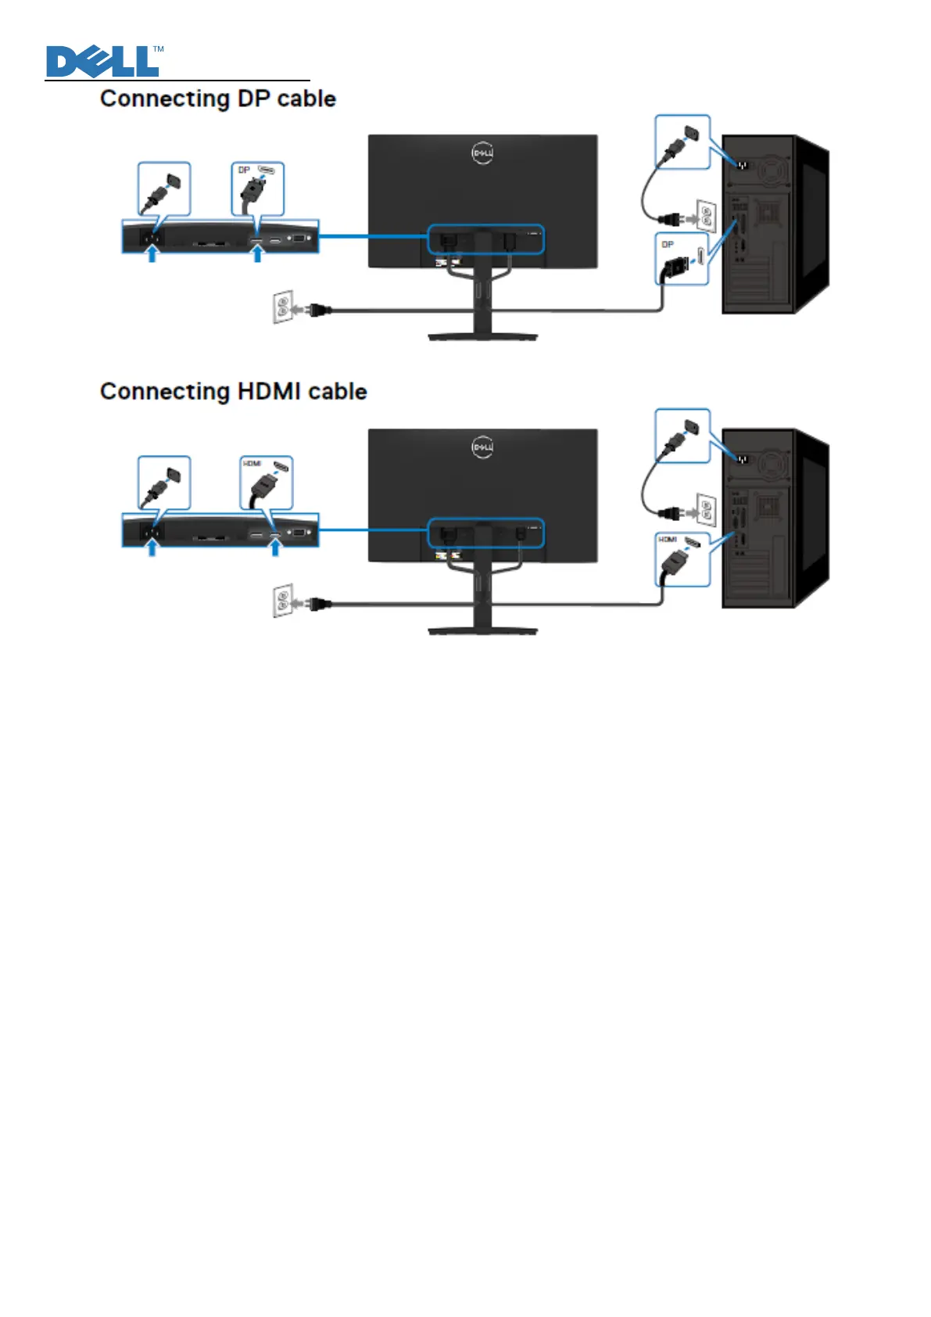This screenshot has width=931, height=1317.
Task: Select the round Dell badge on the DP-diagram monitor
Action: click(482, 153)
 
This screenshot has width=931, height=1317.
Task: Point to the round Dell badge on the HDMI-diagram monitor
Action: click(482, 447)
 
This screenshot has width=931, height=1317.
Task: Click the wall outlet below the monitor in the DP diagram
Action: click(282, 307)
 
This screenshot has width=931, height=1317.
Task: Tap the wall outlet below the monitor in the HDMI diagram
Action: click(282, 601)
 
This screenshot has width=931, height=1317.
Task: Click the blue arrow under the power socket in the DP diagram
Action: click(152, 254)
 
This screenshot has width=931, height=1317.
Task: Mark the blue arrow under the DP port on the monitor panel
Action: click(256, 254)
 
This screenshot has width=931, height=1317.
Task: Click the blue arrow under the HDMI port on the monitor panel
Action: click(274, 547)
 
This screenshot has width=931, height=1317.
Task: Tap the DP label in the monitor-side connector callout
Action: click(244, 170)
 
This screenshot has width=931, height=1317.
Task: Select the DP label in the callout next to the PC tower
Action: click(668, 245)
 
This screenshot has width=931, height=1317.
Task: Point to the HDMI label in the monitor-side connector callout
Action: click(251, 464)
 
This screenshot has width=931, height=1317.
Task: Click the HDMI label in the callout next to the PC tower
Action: click(667, 540)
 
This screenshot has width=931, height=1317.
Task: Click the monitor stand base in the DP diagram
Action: click(482, 337)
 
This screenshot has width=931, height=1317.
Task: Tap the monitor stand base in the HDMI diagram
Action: click(482, 630)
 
